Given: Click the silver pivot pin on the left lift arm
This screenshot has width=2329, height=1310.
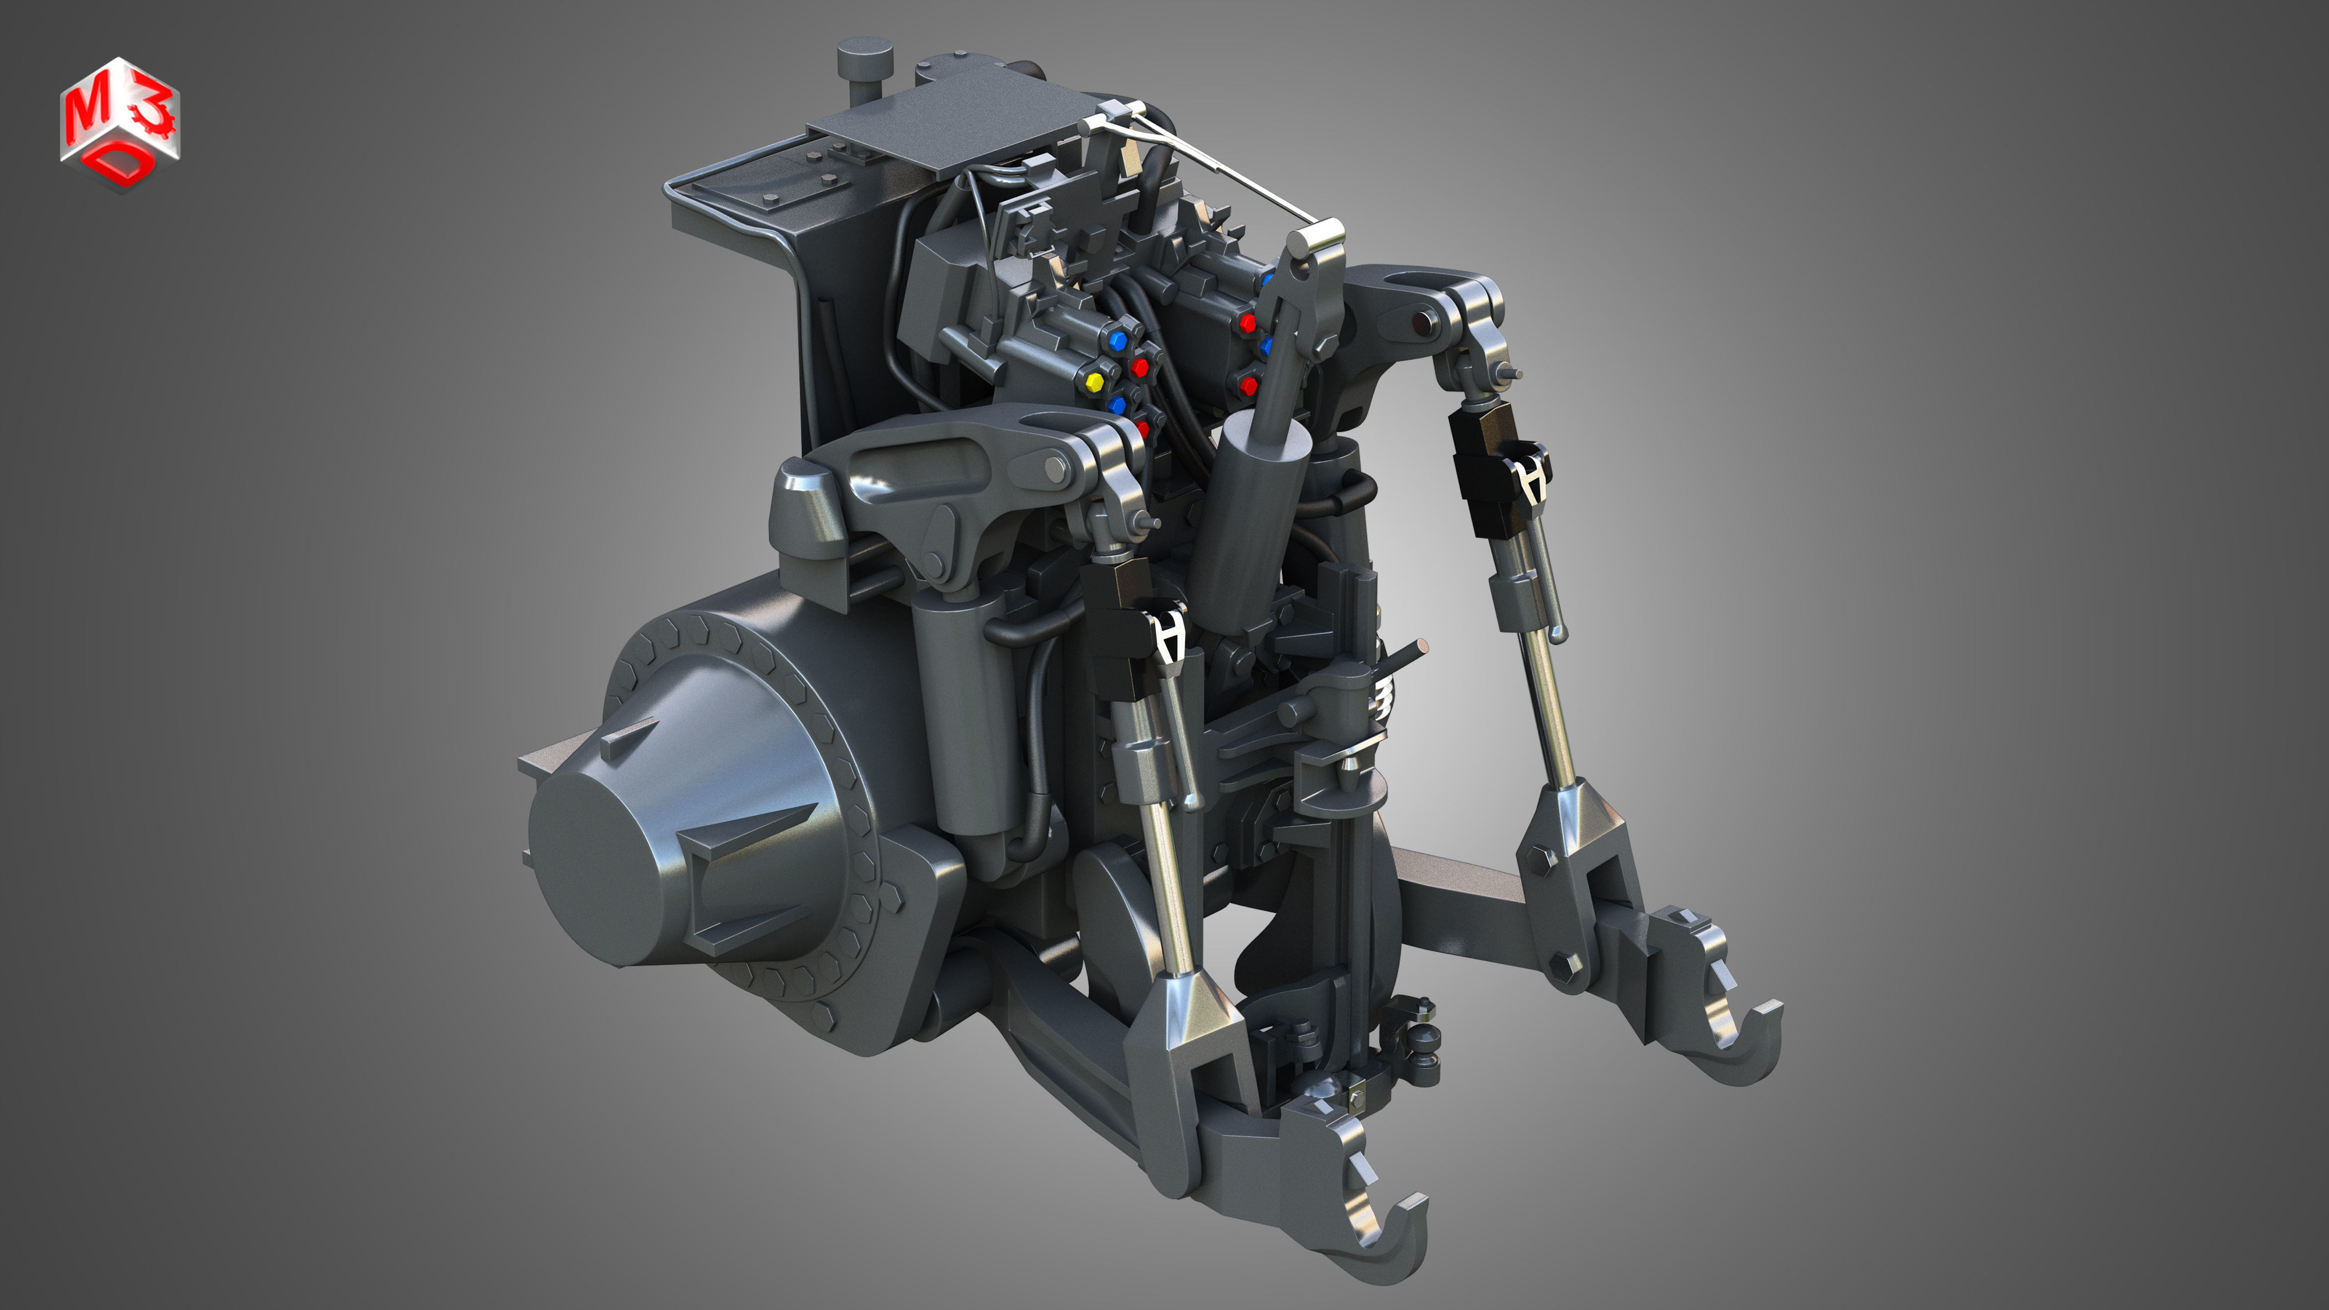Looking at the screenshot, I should click(1055, 466).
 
